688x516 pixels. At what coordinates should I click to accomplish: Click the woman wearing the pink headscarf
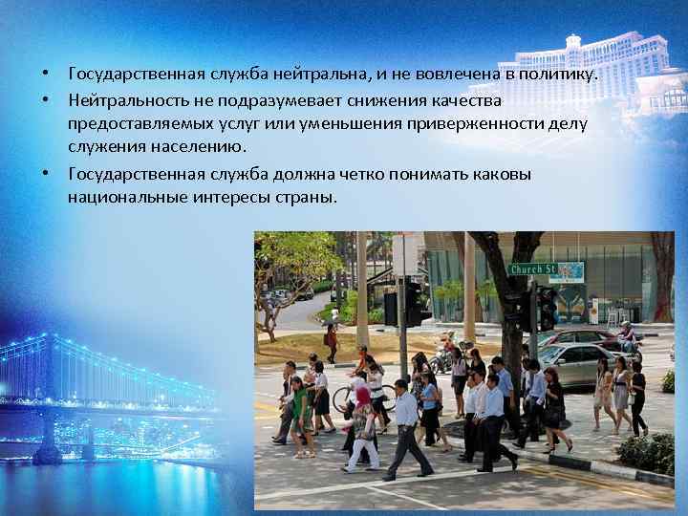363,425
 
